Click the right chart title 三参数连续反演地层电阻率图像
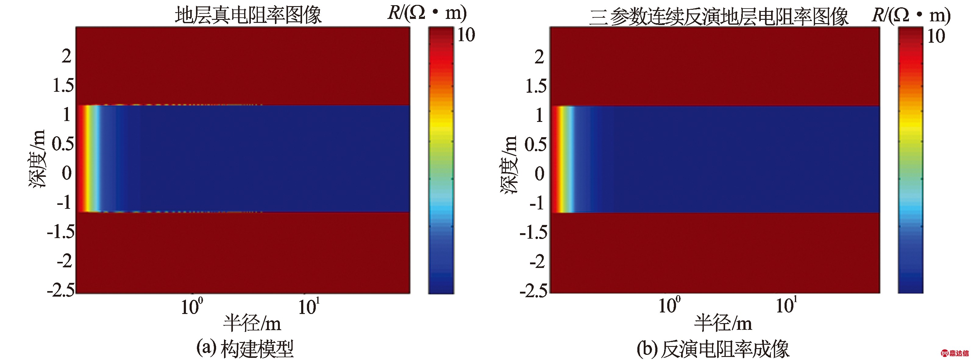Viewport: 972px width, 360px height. pos(718,16)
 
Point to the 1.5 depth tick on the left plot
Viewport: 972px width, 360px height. pos(63,85)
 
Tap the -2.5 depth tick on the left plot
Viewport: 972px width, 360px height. pos(61,290)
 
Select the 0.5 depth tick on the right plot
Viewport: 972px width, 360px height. pos(536,144)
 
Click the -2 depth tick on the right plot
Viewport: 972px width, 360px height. pos(537,262)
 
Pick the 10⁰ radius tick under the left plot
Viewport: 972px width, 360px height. pos(192,306)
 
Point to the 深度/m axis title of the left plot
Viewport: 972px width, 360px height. pos(37,159)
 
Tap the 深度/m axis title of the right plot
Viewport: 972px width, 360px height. pos(509,165)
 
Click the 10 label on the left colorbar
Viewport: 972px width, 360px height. pos(466,35)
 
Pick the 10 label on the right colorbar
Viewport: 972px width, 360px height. pos(936,37)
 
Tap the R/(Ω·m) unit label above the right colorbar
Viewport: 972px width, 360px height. pos(911,15)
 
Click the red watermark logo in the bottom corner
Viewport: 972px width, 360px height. pos(955,353)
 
